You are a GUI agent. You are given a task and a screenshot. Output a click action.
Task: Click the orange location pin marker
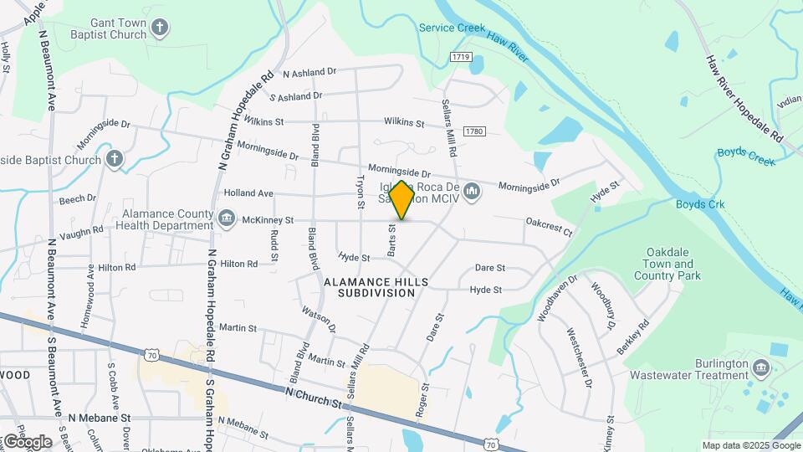401,200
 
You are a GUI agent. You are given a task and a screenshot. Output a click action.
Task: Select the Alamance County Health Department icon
227,219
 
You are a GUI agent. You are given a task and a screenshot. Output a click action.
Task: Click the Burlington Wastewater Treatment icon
760,368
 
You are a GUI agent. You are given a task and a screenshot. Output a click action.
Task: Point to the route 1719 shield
460,57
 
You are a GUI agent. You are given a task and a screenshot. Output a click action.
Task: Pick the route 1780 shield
475,131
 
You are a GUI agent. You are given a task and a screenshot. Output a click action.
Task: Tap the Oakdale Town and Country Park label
667,264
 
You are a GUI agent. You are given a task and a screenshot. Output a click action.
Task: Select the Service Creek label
452,28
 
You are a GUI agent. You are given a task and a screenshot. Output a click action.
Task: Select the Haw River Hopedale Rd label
743,99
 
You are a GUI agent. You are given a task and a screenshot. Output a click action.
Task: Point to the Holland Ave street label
248,193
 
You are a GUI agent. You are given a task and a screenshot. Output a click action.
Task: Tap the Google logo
28,441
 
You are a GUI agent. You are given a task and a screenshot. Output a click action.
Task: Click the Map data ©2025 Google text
750,445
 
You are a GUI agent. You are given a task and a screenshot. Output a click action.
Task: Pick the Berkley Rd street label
633,337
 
